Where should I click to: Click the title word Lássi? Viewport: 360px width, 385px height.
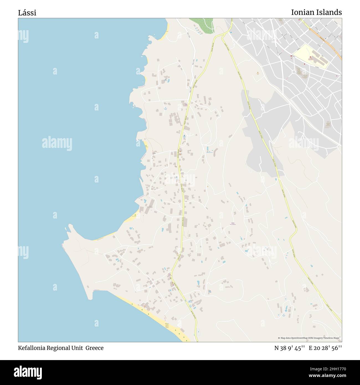point(27,13)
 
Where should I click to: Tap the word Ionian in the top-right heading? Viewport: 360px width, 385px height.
point(304,12)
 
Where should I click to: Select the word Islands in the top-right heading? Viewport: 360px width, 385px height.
point(330,12)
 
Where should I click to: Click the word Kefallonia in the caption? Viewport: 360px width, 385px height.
point(33,348)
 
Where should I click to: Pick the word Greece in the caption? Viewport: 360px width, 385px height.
point(94,348)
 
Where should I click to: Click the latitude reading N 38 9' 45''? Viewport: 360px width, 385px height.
point(290,348)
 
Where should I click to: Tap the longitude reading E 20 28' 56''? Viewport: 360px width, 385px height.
point(325,348)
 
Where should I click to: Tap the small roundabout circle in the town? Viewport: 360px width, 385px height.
point(294,72)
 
